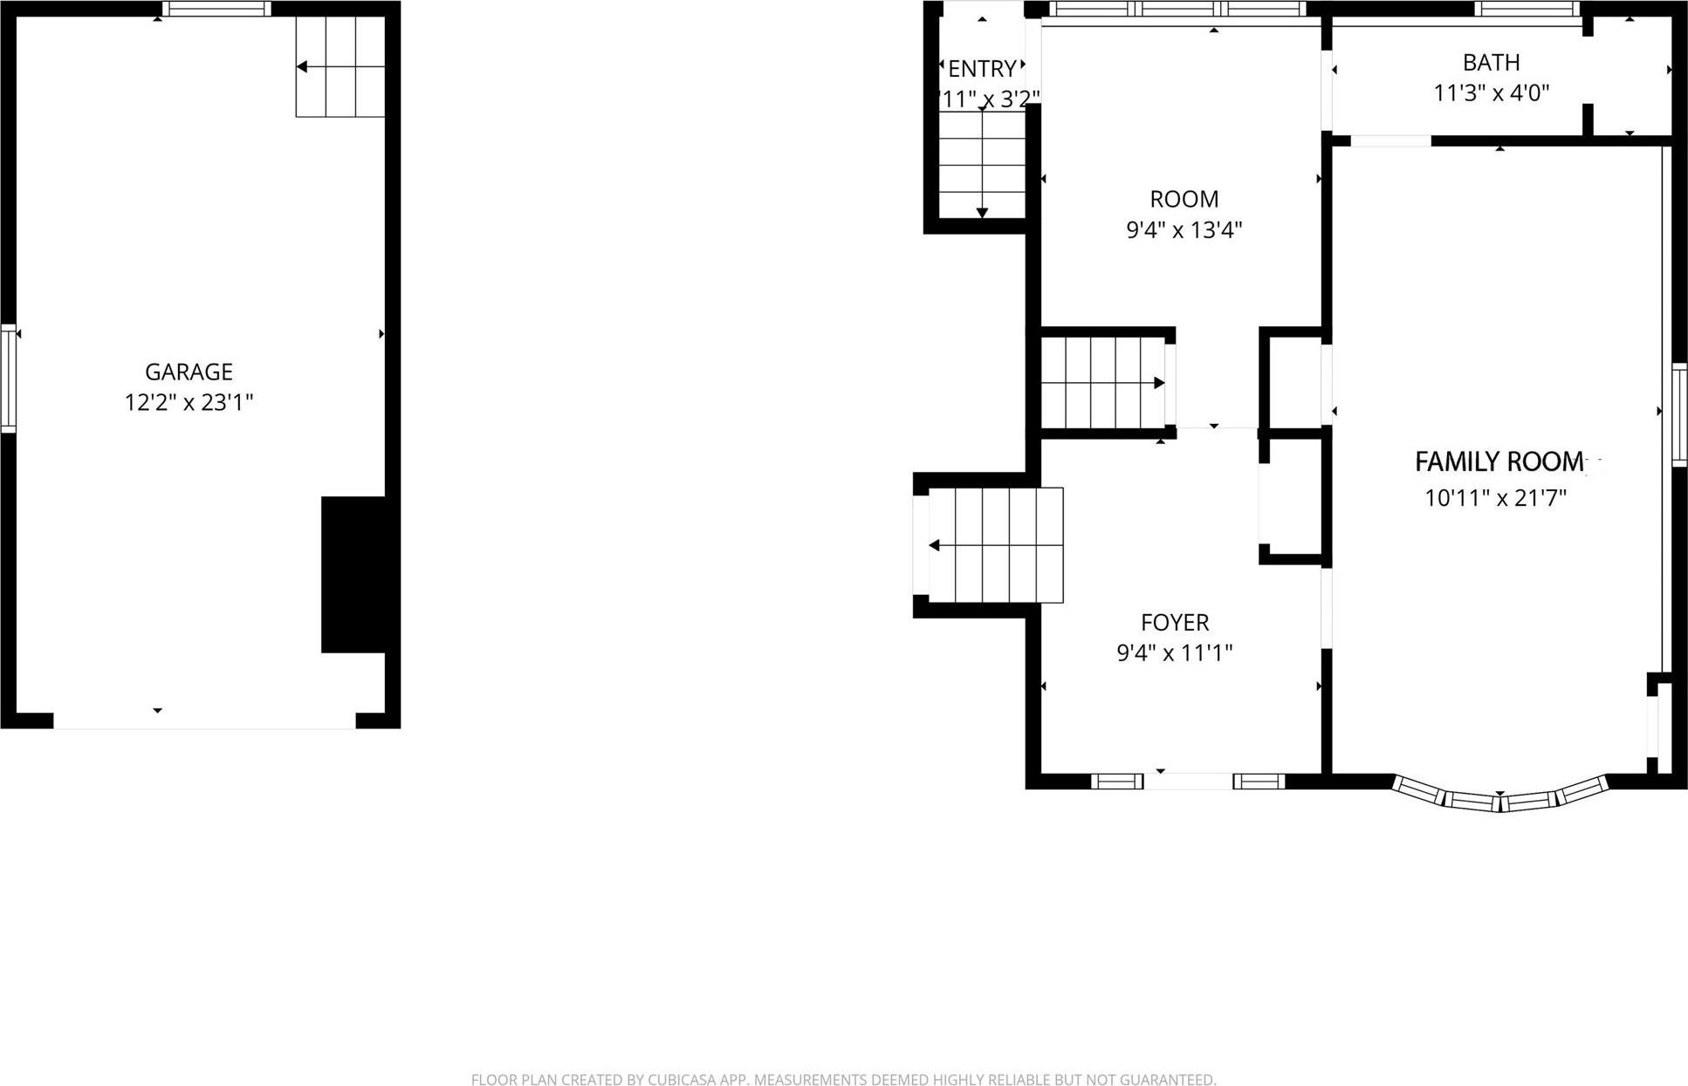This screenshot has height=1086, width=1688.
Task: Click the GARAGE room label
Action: pyautogui.click(x=189, y=372)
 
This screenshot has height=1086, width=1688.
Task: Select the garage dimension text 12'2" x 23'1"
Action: pyautogui.click(x=189, y=403)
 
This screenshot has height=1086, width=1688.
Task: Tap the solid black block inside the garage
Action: pyautogui.click(x=353, y=574)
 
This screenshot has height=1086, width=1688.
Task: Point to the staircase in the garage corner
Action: pyautogui.click(x=340, y=66)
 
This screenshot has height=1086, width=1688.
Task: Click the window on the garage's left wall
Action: pyautogui.click(x=9, y=378)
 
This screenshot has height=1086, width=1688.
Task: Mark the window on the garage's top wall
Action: pyautogui.click(x=216, y=10)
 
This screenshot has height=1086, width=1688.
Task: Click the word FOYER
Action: pyautogui.click(x=1175, y=623)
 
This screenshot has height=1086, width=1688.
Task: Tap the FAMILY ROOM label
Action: pyautogui.click(x=1499, y=461)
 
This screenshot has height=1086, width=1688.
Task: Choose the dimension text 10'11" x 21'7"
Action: pyautogui.click(x=1496, y=499)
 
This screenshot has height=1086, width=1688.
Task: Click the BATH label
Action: pyautogui.click(x=1492, y=63)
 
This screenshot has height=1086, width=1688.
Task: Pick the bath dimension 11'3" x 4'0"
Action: pyautogui.click(x=1492, y=93)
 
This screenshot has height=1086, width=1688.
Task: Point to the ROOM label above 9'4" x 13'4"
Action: pyautogui.click(x=1184, y=199)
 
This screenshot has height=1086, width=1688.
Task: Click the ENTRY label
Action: pyautogui.click(x=982, y=69)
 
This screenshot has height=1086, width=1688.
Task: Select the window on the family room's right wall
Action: pyautogui.click(x=1679, y=414)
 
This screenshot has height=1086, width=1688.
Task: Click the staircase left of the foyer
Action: pyautogui.click(x=995, y=545)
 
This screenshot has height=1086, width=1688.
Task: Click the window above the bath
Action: pyautogui.click(x=1527, y=10)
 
